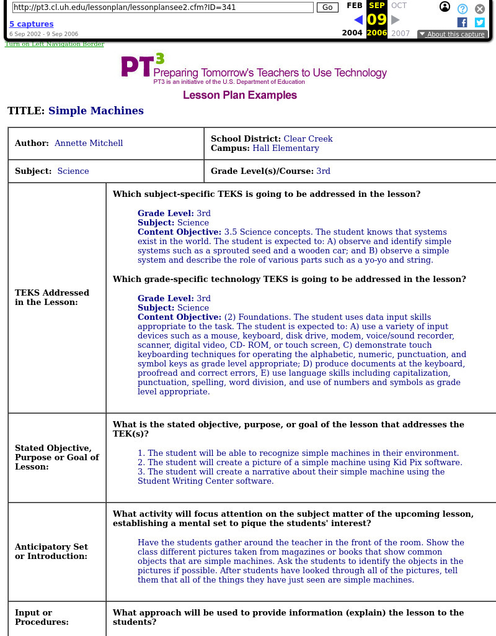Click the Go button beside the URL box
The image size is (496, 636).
327,7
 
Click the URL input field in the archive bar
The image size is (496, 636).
162,7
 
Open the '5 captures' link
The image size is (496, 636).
31,24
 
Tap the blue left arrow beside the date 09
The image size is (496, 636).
358,20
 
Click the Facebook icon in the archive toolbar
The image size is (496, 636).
462,22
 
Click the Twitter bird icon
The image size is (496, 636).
479,22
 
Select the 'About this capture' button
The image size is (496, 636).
452,34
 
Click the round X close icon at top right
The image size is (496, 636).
480,9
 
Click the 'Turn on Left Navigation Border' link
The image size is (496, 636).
55,44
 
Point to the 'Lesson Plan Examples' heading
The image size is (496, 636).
240,95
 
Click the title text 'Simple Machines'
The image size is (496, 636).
96,111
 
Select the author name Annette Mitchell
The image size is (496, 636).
89,143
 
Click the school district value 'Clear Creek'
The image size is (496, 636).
308,139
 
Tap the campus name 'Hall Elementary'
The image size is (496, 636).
286,148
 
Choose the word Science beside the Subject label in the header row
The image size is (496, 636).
73,171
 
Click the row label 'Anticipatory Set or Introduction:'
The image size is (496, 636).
51,552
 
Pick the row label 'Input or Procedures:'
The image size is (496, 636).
42,617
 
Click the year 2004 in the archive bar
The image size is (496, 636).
352,34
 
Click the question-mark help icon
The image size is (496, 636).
463,9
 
